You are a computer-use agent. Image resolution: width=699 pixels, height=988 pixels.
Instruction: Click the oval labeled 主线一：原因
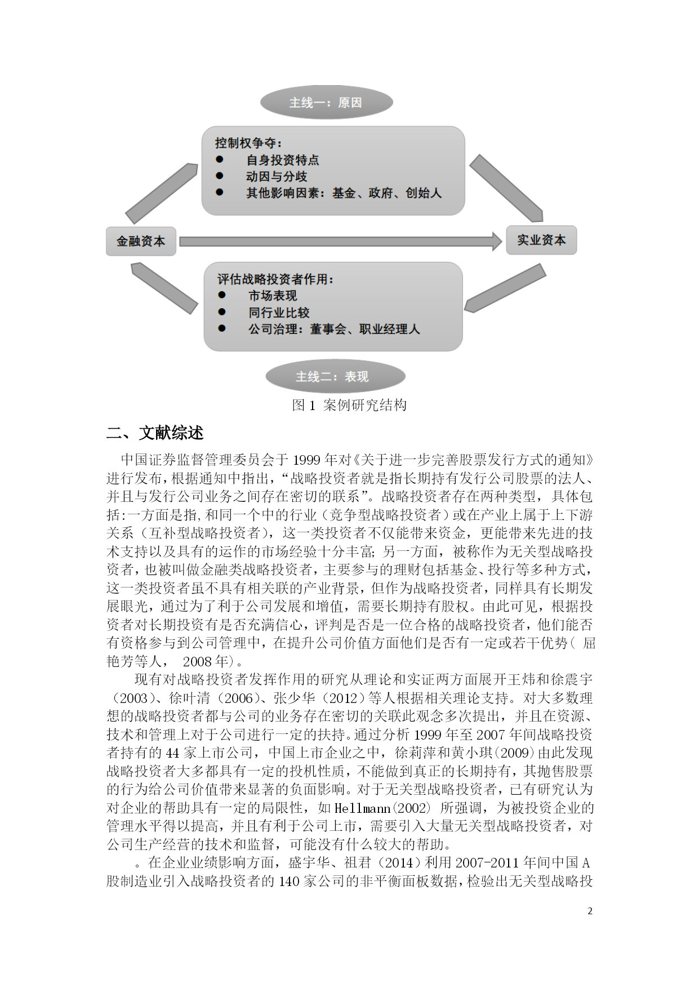tap(326, 103)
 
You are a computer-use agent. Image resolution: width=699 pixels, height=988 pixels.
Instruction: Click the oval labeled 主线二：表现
tap(335, 376)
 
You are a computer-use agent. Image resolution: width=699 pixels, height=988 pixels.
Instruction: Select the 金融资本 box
tap(141, 241)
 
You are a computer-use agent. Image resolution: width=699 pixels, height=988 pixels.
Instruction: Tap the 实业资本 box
tap(541, 240)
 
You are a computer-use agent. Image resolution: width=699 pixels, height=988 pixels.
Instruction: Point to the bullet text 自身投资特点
tap(282, 160)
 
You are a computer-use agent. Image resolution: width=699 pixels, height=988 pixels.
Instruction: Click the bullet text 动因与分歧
tap(276, 176)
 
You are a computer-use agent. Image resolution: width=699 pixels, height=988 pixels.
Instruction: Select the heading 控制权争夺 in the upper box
tap(248, 143)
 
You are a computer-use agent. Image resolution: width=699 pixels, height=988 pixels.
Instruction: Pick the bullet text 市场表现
tap(273, 296)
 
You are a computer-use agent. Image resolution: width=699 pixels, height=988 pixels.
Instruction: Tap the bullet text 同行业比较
tap(279, 313)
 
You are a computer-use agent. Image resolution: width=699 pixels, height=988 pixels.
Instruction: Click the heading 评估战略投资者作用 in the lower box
tap(275, 279)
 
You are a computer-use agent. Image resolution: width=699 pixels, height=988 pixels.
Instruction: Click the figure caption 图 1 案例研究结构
tap(349, 405)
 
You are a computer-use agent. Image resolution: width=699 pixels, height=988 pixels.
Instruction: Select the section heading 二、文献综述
tap(155, 433)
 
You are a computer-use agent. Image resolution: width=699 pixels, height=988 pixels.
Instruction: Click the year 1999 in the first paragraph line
tap(309, 460)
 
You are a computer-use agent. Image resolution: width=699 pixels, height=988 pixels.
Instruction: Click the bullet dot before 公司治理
tap(222, 328)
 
